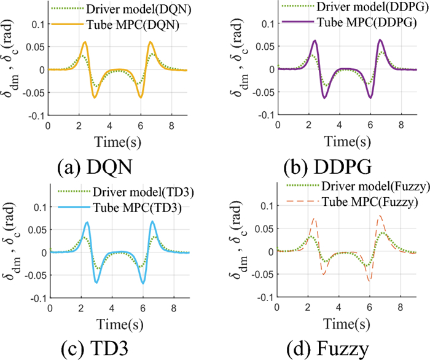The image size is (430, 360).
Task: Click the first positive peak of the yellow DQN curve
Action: (x=85, y=42)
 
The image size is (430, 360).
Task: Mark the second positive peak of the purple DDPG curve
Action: (x=380, y=40)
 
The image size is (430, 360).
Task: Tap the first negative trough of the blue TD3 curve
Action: (x=96, y=282)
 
